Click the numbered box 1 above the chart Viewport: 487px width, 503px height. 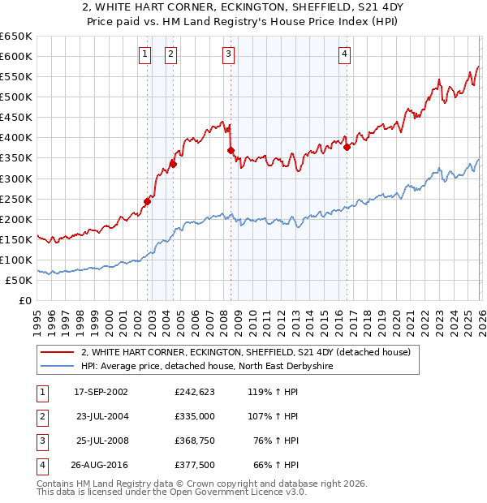point(144,54)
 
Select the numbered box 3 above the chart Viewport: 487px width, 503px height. point(229,54)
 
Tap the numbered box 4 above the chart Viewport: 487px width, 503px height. point(344,54)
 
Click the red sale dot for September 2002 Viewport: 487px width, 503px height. point(148,201)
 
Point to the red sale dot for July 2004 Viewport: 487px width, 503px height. point(173,163)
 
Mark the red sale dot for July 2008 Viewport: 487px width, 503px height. point(231,149)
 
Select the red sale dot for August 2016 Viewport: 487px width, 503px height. point(347,146)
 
